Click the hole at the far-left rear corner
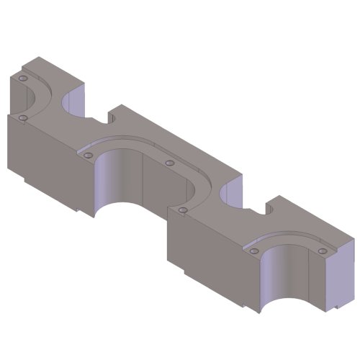pos(22,77)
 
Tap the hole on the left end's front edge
pos(23,117)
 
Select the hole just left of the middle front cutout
pos(88,153)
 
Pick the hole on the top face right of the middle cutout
pos(170,163)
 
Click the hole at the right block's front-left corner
pos(183,210)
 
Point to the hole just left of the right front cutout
pos(253,251)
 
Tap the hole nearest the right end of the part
pos(322,250)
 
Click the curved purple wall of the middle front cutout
pos(108,180)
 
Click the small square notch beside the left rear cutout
pos(114,116)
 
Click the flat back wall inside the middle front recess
pos(166,191)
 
